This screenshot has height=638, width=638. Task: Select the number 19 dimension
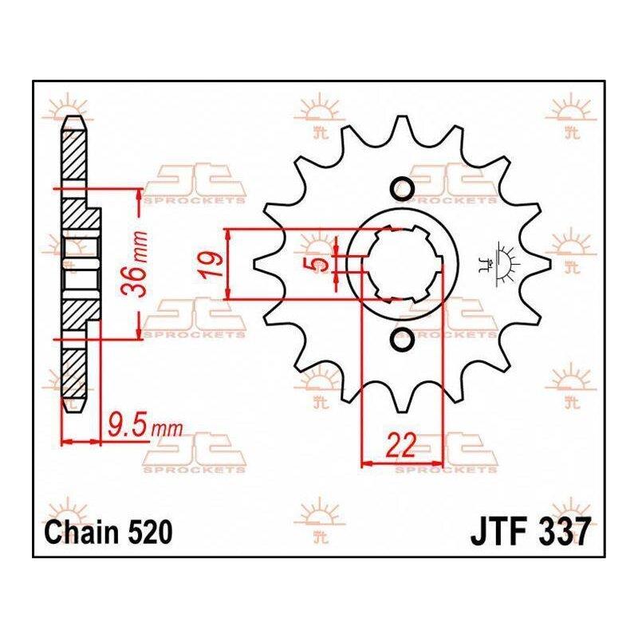tap(212, 266)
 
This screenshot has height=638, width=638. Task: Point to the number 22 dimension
tap(402, 445)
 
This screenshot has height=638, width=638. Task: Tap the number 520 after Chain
tap(151, 532)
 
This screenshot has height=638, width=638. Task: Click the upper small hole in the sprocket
tap(403, 188)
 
